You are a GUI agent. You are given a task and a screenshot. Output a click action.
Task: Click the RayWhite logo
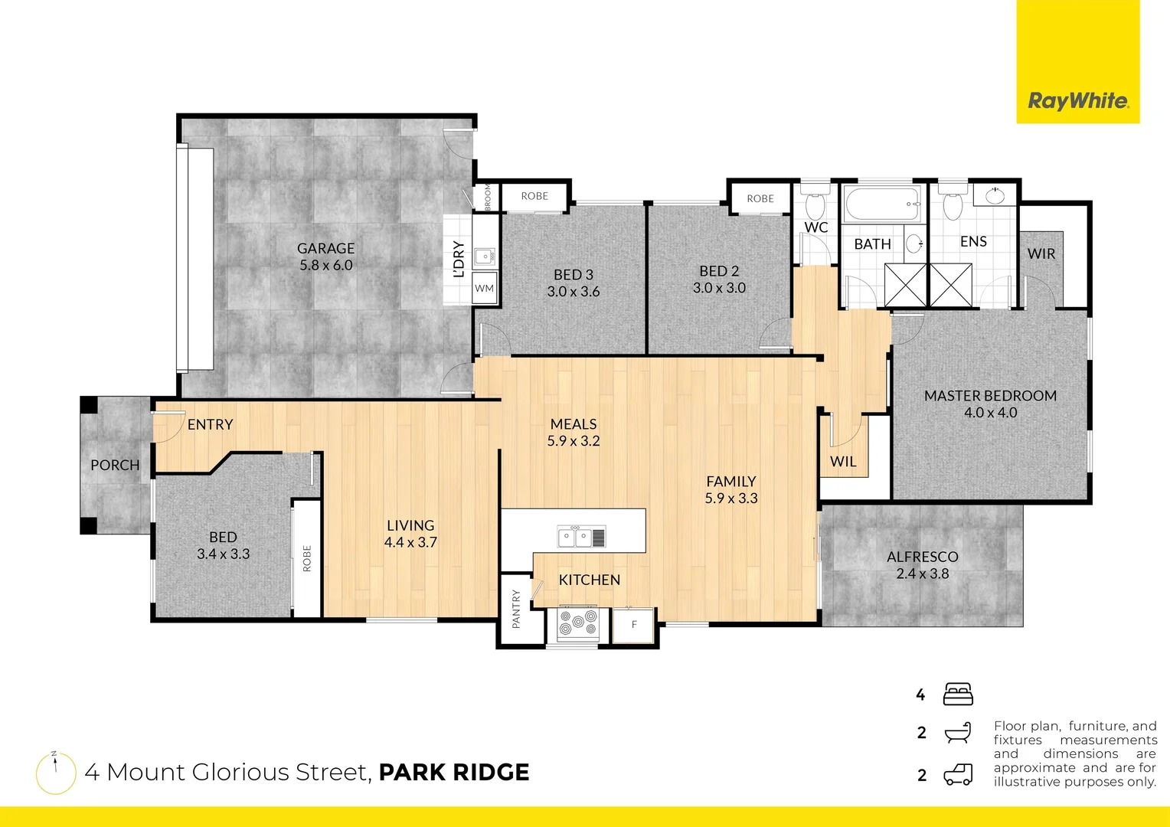[1077, 100]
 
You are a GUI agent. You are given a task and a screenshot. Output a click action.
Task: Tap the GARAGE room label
[326, 249]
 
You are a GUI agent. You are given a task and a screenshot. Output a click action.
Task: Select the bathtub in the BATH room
[883, 204]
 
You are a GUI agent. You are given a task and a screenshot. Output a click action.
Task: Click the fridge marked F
[633, 625]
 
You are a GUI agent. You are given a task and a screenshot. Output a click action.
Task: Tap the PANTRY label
[516, 609]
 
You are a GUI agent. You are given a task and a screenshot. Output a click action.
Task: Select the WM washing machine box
[485, 289]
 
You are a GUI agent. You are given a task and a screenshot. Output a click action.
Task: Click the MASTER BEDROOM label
[990, 396]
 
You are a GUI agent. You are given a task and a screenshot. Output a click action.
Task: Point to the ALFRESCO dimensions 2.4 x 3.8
[922, 574]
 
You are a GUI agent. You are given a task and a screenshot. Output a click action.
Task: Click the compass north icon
[56, 773]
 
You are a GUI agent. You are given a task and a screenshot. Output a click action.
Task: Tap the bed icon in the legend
[958, 695]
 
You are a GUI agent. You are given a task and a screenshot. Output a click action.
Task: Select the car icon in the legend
[958, 775]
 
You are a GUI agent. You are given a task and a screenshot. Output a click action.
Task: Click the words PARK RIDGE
[454, 772]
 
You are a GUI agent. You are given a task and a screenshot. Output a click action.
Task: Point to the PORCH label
[115, 465]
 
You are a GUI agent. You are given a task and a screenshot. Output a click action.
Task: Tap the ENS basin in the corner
[995, 195]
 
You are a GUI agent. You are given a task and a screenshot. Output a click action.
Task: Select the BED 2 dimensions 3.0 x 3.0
[719, 288]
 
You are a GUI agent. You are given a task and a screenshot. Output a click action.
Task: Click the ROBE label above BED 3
[534, 196]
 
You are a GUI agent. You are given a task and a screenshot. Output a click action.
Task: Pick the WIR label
[1041, 253]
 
